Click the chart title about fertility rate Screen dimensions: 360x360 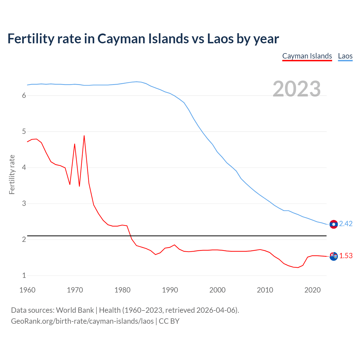(x=143, y=39)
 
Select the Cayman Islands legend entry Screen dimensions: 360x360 (x=307, y=56)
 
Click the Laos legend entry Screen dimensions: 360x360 (x=345, y=56)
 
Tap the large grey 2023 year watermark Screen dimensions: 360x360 (x=297, y=89)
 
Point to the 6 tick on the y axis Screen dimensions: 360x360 (x=24, y=96)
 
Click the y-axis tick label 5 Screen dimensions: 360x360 (x=24, y=132)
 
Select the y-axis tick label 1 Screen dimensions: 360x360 (x=24, y=276)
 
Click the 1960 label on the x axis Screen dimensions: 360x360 (x=27, y=290)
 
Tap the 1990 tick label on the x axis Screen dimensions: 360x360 (x=170, y=290)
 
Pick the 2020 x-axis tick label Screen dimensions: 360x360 (x=312, y=290)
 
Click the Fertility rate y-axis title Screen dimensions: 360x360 (x=12, y=174)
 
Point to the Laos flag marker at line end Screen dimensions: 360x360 (x=334, y=224)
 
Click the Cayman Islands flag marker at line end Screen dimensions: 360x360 (x=334, y=256)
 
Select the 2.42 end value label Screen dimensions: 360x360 (x=346, y=224)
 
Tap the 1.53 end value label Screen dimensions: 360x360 (x=346, y=256)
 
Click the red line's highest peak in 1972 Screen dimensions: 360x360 (x=84, y=136)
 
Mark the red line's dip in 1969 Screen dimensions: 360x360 (x=70, y=184)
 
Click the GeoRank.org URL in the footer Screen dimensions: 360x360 (x=82, y=321)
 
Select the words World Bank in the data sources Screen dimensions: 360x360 (x=75, y=310)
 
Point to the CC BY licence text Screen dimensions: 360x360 (x=169, y=321)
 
